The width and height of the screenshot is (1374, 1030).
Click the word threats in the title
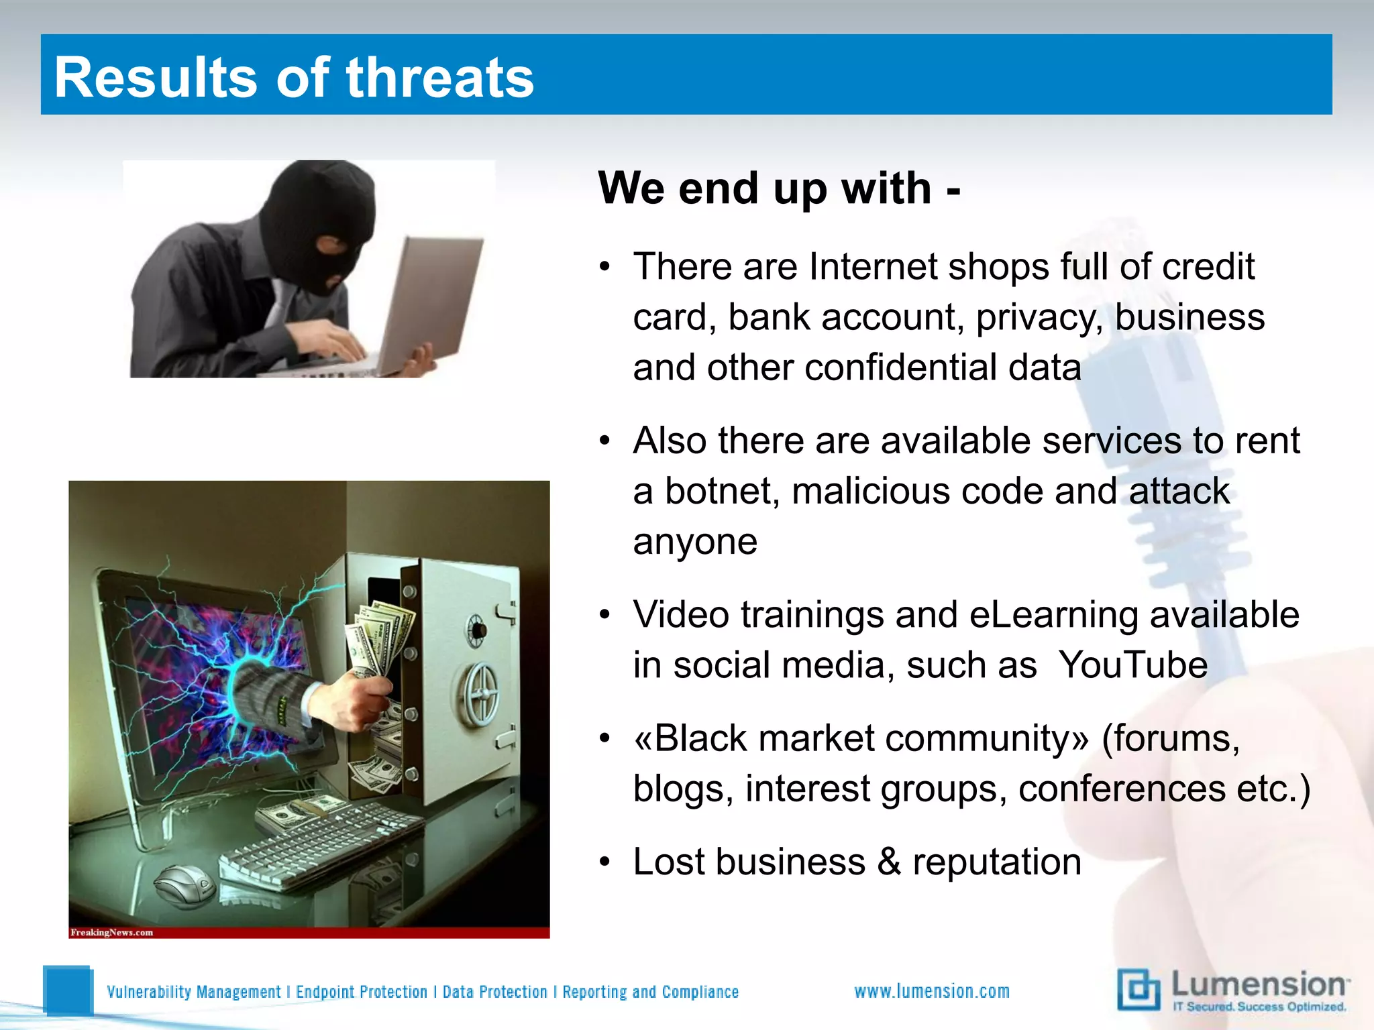[439, 78]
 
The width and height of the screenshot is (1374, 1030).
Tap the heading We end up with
[778, 188]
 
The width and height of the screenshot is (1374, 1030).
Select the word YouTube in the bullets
[1132, 665]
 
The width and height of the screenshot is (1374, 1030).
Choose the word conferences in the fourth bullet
[1122, 789]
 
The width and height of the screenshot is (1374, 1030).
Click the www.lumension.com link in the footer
[931, 991]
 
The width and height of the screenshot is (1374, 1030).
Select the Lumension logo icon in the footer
[1139, 990]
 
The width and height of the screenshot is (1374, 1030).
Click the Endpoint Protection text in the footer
[362, 992]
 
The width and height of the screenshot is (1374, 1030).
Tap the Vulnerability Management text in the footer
[194, 992]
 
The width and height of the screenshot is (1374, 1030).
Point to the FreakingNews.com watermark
[112, 932]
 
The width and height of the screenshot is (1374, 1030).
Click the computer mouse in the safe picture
[184, 884]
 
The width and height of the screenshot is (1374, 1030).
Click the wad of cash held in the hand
[379, 637]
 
